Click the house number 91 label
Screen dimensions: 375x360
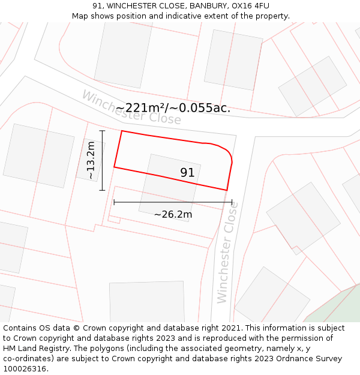tap(187, 173)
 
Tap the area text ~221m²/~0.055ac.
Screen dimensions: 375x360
tap(173, 108)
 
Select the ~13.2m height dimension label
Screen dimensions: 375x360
tap(91, 161)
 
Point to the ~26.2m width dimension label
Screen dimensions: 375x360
tap(173, 214)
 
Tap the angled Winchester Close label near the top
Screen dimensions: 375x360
tap(131, 107)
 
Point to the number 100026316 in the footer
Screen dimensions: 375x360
tap(25, 369)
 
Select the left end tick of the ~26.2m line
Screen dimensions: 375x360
tap(114, 202)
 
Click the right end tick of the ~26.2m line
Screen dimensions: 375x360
tap(232, 202)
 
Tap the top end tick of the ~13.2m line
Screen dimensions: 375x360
tap(103, 131)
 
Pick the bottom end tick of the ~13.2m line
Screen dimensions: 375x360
tap(103, 190)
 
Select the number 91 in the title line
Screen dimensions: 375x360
tap(98, 6)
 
